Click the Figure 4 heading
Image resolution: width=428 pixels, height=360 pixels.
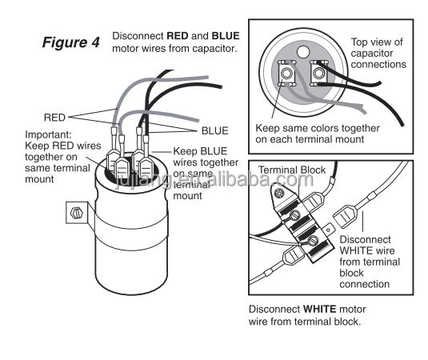pos(71,42)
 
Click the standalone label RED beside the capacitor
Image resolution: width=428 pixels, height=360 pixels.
pos(54,118)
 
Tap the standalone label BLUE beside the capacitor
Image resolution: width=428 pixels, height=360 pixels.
pos(215,130)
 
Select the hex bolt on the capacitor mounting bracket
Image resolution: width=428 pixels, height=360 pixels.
pos(77,213)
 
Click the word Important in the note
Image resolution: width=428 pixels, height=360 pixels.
pos(48,134)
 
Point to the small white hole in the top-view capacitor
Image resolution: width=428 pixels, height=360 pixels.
pos(303,52)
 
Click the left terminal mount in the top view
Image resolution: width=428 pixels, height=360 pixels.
pos(286,73)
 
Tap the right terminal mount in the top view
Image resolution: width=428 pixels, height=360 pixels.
pos(318,73)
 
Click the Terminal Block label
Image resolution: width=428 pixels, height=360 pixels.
pos(292,170)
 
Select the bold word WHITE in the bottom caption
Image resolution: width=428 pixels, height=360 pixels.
pos(320,310)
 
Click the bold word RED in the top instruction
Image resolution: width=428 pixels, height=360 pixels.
pos(178,36)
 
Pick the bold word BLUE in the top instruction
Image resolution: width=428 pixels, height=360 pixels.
pos(226,36)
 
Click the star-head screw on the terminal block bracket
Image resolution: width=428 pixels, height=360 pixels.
pos(279,194)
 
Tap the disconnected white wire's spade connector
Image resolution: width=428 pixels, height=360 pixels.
pos(346,216)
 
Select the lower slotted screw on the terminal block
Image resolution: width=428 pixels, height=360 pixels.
pos(313,241)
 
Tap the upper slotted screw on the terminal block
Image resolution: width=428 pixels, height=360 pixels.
pos(294,215)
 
